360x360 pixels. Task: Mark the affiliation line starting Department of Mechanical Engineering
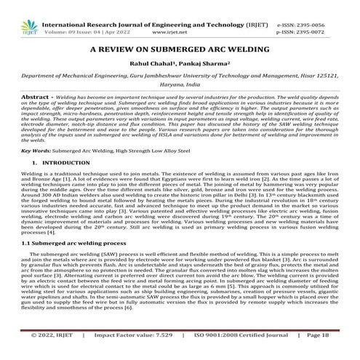point(179,86)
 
